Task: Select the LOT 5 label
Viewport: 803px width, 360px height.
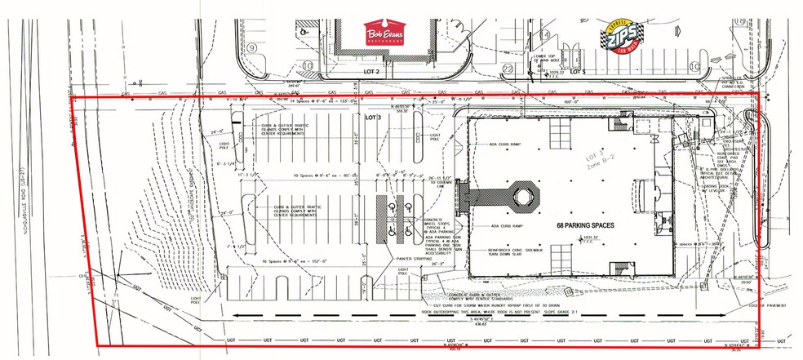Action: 578,72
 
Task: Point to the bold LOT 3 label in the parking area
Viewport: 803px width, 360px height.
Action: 374,118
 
